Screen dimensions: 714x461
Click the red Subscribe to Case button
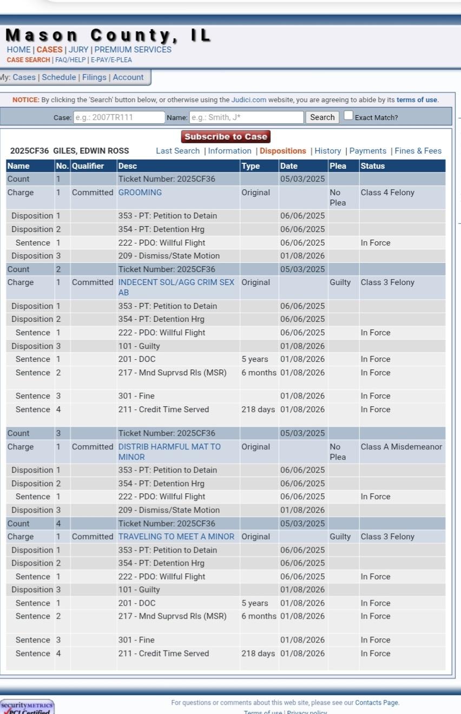coord(226,137)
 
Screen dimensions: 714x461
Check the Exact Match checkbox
coord(348,116)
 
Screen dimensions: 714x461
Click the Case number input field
coord(118,117)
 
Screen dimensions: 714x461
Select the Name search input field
coord(246,117)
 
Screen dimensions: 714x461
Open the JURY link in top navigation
coord(78,50)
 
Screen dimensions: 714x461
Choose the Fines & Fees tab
coord(418,151)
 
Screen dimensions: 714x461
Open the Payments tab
coord(367,151)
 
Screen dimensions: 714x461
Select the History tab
coord(327,151)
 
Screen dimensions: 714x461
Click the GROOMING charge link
coord(140,193)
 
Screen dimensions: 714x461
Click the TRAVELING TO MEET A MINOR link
coord(176,537)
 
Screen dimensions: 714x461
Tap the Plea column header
coord(338,166)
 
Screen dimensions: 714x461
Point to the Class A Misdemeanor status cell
coord(401,447)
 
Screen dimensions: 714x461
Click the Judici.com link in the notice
coord(248,100)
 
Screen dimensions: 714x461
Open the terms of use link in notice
coord(417,100)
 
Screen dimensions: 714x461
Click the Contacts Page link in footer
coord(377,703)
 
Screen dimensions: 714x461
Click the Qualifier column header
coord(87,166)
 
